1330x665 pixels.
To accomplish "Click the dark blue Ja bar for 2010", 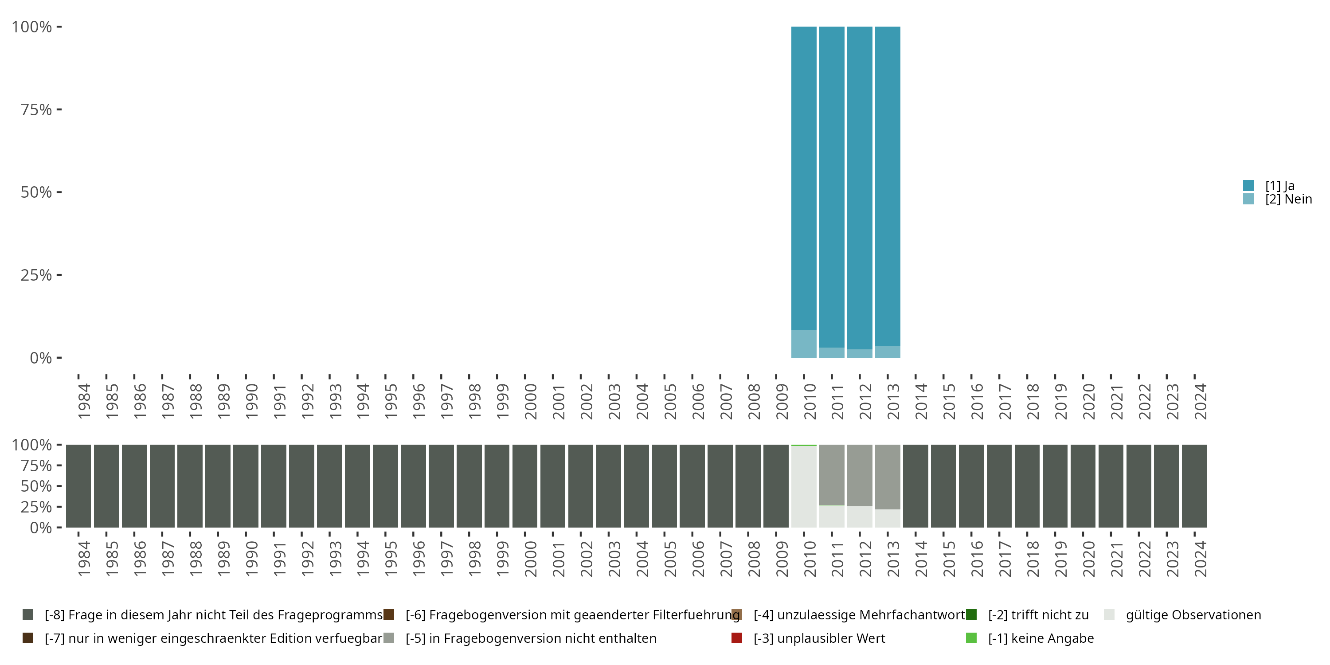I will point(804,176).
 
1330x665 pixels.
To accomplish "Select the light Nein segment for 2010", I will point(804,343).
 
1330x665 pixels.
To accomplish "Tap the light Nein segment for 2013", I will point(888,352).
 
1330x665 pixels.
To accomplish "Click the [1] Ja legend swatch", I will point(1248,185).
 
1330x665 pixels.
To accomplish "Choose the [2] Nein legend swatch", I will point(1248,199).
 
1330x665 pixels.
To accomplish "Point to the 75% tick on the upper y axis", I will point(59,110).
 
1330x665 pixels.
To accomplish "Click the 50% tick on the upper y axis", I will point(59,192).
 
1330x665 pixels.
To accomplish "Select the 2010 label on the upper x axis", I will point(810,401).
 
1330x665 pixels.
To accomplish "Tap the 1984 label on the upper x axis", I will point(84,401).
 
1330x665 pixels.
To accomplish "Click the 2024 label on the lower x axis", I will point(1201,559).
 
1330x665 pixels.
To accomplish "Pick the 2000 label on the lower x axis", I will point(530,559).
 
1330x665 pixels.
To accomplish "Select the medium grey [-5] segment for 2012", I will point(860,475).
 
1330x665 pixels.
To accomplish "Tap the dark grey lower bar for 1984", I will point(78,486).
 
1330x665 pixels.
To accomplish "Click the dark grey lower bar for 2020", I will point(1083,486).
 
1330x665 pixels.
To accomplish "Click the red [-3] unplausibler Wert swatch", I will point(737,638).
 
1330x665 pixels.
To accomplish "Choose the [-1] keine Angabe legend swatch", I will point(971,638).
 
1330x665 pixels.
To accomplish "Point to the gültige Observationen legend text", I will point(1193,615).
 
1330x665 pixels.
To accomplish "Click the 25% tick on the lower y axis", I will point(59,506).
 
